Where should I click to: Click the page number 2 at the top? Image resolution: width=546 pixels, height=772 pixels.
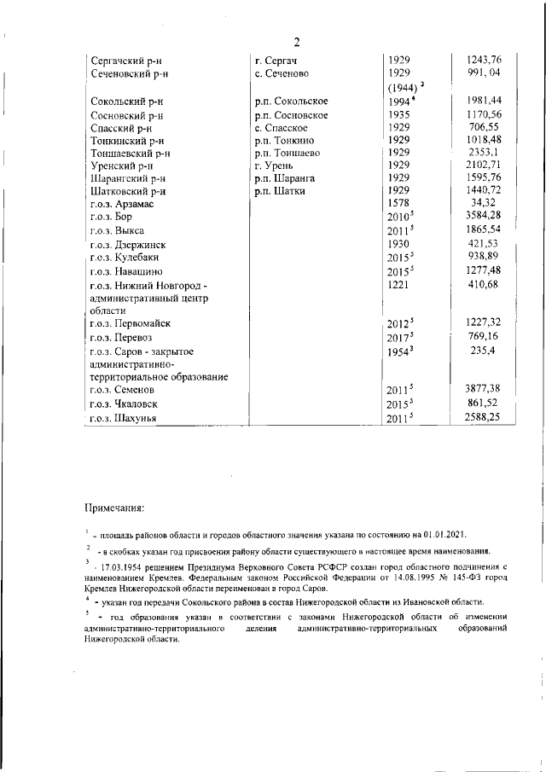(296, 43)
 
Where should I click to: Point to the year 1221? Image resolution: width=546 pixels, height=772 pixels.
(398, 284)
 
